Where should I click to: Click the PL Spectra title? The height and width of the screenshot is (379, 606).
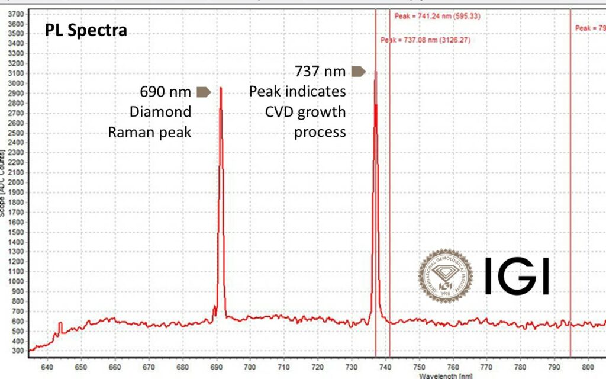pyautogui.click(x=86, y=30)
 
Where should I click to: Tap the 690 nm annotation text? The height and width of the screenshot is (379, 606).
pyautogui.click(x=165, y=92)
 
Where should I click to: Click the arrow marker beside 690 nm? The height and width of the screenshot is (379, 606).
pyautogui.click(x=203, y=92)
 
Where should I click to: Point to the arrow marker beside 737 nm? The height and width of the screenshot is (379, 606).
pyautogui.click(x=358, y=72)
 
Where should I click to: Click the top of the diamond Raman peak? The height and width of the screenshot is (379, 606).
pyautogui.click(x=221, y=88)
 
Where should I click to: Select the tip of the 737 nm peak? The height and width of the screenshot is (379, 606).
pyautogui.click(x=375, y=72)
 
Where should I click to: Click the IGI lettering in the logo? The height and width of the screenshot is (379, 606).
pyautogui.click(x=517, y=276)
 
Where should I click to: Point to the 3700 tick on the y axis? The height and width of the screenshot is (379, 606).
pyautogui.click(x=15, y=13)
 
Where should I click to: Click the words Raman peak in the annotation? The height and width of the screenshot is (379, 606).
pyautogui.click(x=150, y=132)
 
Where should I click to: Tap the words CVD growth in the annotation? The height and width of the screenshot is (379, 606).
pyautogui.click(x=307, y=112)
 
